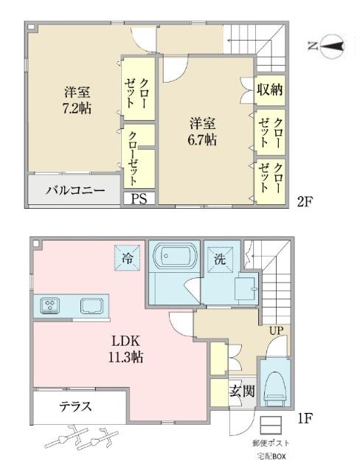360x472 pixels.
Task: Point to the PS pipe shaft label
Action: click(x=139, y=198)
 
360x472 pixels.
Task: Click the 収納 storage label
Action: click(x=269, y=91)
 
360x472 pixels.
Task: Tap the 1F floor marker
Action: click(x=305, y=417)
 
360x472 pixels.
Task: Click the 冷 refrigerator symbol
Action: click(x=126, y=257)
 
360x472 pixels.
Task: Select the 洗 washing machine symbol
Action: click(x=219, y=260)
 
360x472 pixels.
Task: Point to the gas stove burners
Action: click(x=49, y=305)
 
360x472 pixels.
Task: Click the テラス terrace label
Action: click(x=75, y=406)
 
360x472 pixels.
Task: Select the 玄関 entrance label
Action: click(x=241, y=391)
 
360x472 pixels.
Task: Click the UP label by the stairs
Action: click(x=277, y=330)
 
